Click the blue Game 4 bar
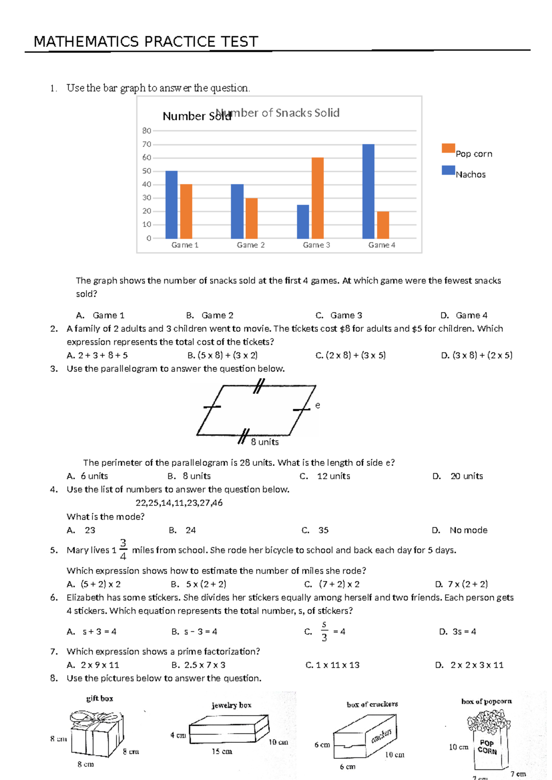(x=368, y=191)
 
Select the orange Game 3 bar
(x=317, y=198)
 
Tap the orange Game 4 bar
(x=383, y=225)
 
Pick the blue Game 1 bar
(x=171, y=205)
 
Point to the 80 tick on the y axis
(x=147, y=131)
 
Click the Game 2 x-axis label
(x=251, y=245)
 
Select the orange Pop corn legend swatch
(x=448, y=148)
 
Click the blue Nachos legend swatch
(x=448, y=170)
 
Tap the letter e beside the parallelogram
(x=317, y=405)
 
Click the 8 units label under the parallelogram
(x=264, y=442)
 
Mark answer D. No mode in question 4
(x=460, y=530)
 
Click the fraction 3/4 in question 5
(x=123, y=550)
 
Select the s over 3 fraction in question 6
(x=324, y=631)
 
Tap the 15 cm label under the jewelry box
(x=222, y=751)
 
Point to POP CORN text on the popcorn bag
(x=487, y=747)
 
